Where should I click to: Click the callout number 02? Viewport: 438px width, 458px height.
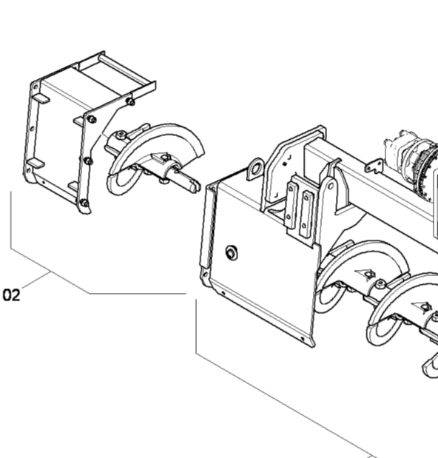(x=11, y=295)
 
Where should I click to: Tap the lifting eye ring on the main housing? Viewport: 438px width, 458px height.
(x=255, y=169)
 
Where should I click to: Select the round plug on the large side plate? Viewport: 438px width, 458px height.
(x=232, y=252)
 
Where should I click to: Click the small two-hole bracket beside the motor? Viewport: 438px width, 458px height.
(x=374, y=166)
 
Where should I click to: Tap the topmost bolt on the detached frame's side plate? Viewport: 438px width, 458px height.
(x=131, y=101)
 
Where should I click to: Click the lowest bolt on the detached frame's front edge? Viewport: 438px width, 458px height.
(x=84, y=203)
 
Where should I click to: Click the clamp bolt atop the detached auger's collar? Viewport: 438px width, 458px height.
(x=121, y=135)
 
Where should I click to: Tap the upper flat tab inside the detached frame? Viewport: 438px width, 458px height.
(x=41, y=98)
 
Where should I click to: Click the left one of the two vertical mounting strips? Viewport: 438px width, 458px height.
(x=292, y=204)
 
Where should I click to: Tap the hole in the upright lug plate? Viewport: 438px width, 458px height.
(x=331, y=186)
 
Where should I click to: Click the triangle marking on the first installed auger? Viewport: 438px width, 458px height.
(x=366, y=275)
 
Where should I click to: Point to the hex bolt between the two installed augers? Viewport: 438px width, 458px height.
(x=380, y=284)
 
